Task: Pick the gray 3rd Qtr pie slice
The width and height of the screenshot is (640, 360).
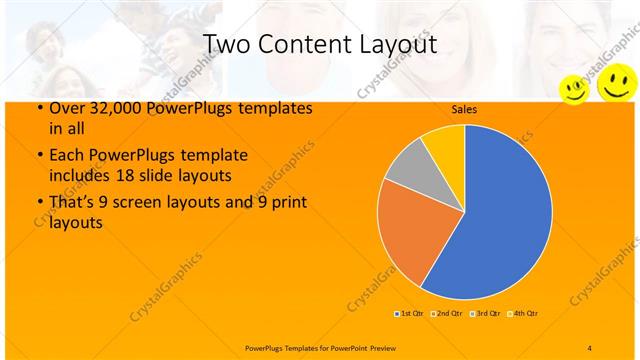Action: (408, 167)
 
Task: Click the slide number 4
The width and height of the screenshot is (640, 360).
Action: (589, 347)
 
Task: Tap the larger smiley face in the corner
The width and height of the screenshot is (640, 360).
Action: (614, 83)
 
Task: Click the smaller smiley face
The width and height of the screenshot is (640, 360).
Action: (573, 89)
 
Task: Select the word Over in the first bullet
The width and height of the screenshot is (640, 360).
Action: (61, 109)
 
